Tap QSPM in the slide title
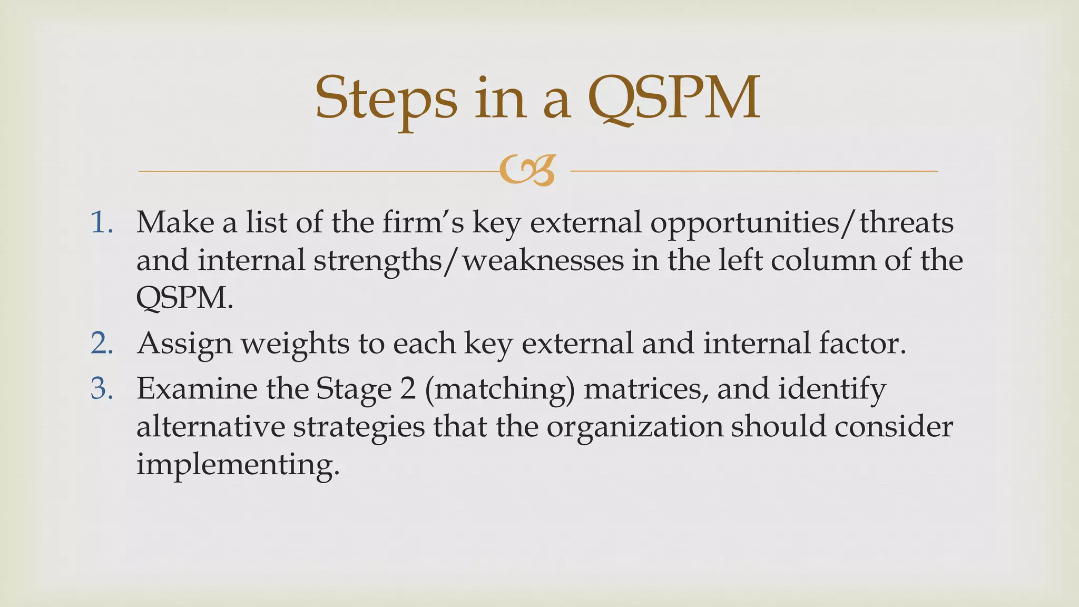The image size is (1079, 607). click(674, 98)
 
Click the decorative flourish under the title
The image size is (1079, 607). click(527, 170)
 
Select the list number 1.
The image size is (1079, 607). click(101, 222)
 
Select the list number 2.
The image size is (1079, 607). click(102, 343)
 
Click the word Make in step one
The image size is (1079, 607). click(175, 222)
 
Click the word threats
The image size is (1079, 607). click(906, 222)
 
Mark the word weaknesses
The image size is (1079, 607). click(543, 261)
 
